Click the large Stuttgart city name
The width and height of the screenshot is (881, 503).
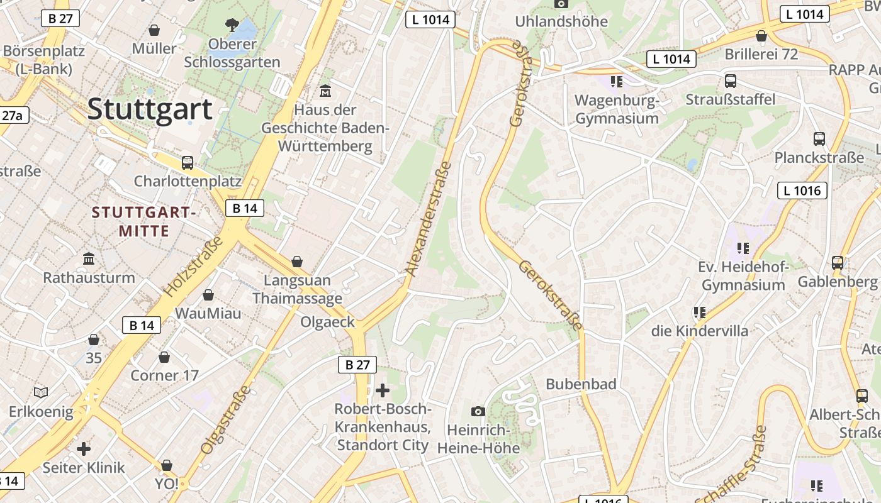pyautogui.click(x=150, y=109)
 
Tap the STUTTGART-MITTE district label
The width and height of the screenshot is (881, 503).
pyautogui.click(x=144, y=221)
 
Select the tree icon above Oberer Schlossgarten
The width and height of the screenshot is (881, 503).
pyautogui.click(x=232, y=25)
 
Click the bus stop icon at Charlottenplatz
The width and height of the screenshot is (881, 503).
pyautogui.click(x=188, y=163)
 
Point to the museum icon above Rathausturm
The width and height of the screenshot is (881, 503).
pyautogui.click(x=89, y=259)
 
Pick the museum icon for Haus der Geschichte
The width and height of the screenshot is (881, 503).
pyautogui.click(x=325, y=91)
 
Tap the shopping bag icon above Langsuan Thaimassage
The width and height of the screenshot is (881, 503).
pyautogui.click(x=297, y=262)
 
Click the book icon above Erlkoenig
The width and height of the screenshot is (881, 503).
pyautogui.click(x=41, y=393)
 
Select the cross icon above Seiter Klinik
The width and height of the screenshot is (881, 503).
pyautogui.click(x=83, y=449)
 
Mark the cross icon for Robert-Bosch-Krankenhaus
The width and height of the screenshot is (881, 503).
pyautogui.click(x=382, y=390)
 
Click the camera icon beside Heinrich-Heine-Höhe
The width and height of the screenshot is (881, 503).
pyautogui.click(x=478, y=411)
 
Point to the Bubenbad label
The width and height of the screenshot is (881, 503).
pyautogui.click(x=581, y=384)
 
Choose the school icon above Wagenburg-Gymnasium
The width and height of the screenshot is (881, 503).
pyautogui.click(x=617, y=81)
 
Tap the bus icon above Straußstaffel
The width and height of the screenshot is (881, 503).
pyautogui.click(x=731, y=81)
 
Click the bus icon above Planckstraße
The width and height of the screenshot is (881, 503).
pyautogui.click(x=819, y=139)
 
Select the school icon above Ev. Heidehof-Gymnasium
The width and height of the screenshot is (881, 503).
pyautogui.click(x=743, y=248)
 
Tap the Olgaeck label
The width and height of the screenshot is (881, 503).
pyautogui.click(x=328, y=323)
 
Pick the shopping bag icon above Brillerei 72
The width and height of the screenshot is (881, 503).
pyautogui.click(x=761, y=36)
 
